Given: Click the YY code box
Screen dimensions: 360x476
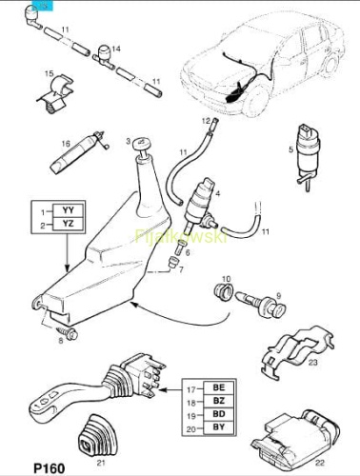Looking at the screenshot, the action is (69, 210).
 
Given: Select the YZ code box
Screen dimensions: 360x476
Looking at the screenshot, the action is (69, 224).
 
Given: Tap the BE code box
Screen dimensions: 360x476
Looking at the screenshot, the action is (219, 387).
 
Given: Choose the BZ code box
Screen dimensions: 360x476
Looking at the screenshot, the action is (219, 401).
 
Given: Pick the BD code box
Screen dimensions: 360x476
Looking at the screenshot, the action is (219, 414).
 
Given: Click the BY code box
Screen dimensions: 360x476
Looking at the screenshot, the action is (219, 427).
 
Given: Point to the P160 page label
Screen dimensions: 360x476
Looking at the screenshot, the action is (50, 468).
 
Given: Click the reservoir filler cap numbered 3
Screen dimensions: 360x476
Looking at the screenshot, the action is (141, 146).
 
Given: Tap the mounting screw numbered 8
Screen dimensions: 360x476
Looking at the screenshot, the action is (68, 333).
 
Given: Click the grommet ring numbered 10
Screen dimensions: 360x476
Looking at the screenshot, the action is (223, 290).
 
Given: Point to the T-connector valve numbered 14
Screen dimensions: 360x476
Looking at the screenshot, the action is (104, 57).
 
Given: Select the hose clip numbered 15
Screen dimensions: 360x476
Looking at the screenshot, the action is (56, 94).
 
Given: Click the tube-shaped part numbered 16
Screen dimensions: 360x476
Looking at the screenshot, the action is (79, 151).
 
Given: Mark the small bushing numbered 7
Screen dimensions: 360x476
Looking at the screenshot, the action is (173, 263).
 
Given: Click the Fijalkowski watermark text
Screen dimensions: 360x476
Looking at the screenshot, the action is (181, 236).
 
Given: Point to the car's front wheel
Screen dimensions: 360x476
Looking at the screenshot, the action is (257, 101).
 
